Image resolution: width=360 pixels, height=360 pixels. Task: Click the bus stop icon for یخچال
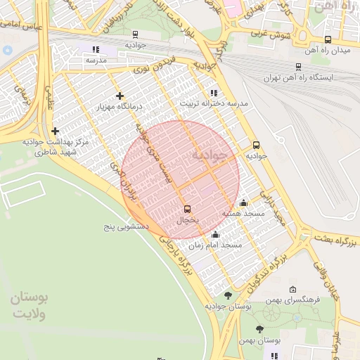pos(187,209)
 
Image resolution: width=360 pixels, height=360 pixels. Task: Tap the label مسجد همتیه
pos(243,213)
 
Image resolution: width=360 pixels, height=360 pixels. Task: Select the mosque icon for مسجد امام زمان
pos(215,235)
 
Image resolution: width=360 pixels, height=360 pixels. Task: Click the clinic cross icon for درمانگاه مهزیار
pos(120,96)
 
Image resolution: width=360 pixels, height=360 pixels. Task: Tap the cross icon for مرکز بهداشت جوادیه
pos(55,131)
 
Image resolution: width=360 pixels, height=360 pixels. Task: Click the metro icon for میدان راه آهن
pos(328,40)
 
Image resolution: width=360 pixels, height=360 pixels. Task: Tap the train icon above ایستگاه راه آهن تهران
pos(299,67)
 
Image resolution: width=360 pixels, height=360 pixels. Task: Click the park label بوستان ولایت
pos(29,306)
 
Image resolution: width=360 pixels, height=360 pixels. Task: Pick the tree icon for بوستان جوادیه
pos(227,295)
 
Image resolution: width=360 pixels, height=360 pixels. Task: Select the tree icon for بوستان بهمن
pos(259,329)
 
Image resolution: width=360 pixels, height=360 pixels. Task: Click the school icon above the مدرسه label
pos(96,49)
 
